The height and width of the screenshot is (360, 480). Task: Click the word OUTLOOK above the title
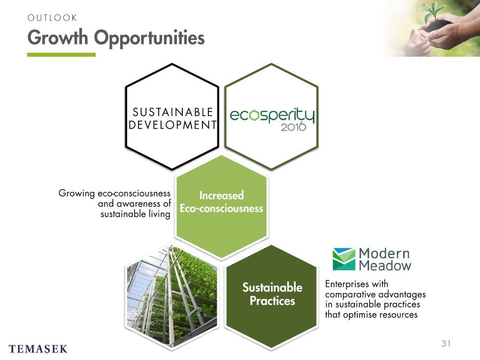52,18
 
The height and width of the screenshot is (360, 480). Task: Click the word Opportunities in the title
149,38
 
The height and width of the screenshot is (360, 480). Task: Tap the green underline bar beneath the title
61,55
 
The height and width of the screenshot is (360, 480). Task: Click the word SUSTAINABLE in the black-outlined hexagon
172,112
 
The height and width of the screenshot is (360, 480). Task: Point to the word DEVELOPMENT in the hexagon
172,125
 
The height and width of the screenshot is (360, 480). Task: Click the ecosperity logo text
272,115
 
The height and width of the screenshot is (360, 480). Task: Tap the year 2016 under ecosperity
293,126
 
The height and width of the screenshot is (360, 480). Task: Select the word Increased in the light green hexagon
221,195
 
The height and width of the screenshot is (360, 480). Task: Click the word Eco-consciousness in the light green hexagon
221,208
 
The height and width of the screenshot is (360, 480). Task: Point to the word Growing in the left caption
76,194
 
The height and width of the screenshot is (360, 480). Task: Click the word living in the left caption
160,214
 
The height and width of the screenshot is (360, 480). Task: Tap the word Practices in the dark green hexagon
273,301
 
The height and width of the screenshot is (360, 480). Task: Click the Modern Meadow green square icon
344,259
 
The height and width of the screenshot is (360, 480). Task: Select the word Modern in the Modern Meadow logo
384,253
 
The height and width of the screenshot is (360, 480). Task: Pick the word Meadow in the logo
385,265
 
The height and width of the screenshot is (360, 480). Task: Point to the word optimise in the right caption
359,315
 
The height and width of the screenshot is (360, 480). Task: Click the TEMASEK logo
38,349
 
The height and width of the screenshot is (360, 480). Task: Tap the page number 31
446,343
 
